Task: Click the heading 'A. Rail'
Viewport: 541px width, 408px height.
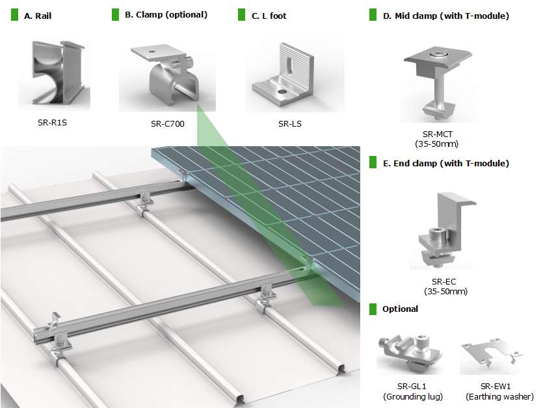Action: click(x=37, y=15)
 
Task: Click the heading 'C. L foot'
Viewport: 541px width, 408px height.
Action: click(x=269, y=15)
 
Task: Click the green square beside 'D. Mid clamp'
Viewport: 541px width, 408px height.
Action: click(x=373, y=15)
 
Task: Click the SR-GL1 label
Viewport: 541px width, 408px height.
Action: click(x=414, y=387)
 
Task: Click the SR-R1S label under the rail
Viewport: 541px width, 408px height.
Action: click(x=52, y=121)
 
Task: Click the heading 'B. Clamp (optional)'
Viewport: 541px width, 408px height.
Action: click(x=166, y=14)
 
